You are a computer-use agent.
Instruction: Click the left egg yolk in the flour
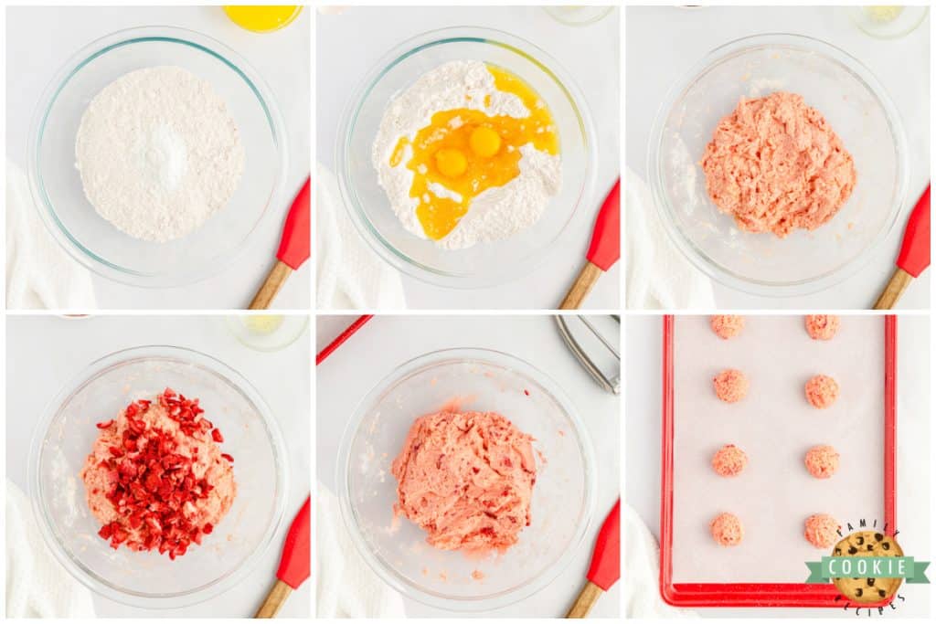(x=451, y=163)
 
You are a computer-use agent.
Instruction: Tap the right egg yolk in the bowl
(x=484, y=142)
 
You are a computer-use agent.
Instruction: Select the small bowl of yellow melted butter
(x=262, y=16)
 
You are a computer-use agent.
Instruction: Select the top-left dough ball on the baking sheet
(x=728, y=326)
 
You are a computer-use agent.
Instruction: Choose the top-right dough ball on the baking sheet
(x=821, y=327)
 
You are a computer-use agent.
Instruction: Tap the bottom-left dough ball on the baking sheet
(x=728, y=528)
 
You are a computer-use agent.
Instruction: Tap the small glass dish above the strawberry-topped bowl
(x=266, y=330)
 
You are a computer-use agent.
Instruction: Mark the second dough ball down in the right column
(x=821, y=391)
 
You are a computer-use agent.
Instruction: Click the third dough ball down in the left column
(x=729, y=460)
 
